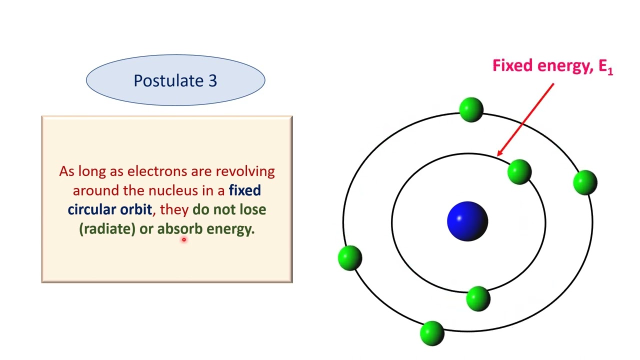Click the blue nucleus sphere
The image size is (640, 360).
pos(467,221)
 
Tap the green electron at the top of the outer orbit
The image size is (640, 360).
pos(470,109)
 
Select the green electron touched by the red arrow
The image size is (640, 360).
pos(519,172)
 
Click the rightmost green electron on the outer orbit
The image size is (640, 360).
pos(585,182)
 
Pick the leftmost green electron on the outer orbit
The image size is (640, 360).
pos(349,257)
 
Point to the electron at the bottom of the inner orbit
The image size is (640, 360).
pos(478,298)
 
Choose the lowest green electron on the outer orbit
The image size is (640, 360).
pos(432,333)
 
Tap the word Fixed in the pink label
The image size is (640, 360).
pos(512,65)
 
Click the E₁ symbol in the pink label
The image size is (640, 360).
pos(605,66)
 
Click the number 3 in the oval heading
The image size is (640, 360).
pos(212,80)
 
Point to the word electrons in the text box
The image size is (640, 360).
pos(157,171)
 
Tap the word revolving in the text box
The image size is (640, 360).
pos(245,171)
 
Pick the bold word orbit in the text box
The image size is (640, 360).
pos(135,209)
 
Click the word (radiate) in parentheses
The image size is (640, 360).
pos(107,229)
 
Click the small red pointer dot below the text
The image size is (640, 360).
pos(183,240)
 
